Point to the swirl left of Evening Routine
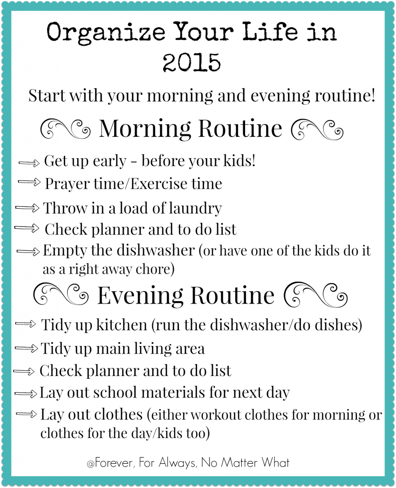point(60,294)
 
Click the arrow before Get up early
point(30,162)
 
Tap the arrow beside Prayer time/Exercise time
point(30,183)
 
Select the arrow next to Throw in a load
point(28,208)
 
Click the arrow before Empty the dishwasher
point(29,251)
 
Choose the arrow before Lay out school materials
point(26,393)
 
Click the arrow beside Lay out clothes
point(27,414)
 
